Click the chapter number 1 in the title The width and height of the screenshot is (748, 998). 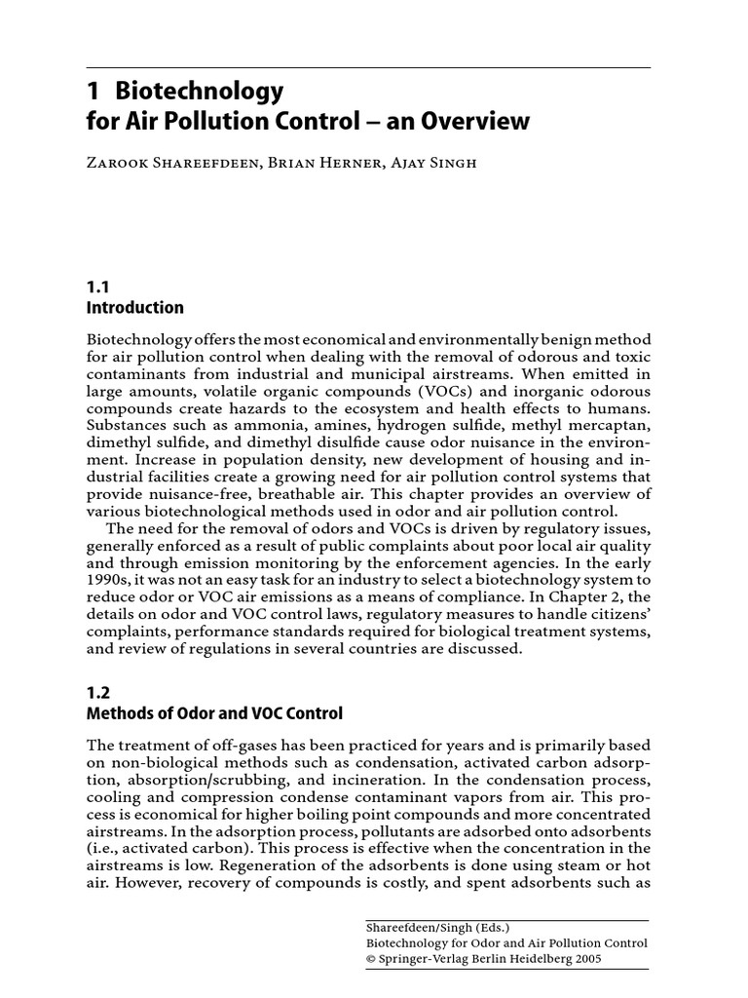tap(93, 92)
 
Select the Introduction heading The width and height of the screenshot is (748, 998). tap(135, 308)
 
